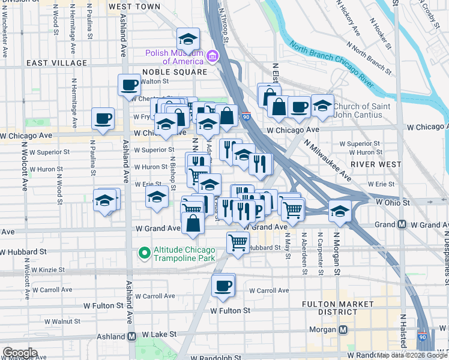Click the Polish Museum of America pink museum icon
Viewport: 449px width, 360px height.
(x=212, y=57)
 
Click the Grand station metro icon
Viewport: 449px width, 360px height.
(x=402, y=224)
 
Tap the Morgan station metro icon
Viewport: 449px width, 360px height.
(x=343, y=330)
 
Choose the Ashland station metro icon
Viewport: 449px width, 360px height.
(x=131, y=336)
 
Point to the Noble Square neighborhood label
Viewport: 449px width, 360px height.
(x=174, y=72)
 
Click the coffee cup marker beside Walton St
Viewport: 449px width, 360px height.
(x=128, y=85)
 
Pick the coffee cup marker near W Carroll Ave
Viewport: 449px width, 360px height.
(x=223, y=286)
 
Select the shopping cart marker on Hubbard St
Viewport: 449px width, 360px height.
(x=238, y=242)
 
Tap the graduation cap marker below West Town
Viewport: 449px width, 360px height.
(x=188, y=40)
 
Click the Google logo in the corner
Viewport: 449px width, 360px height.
(x=19, y=353)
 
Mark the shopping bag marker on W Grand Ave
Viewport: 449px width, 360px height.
(x=193, y=224)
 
